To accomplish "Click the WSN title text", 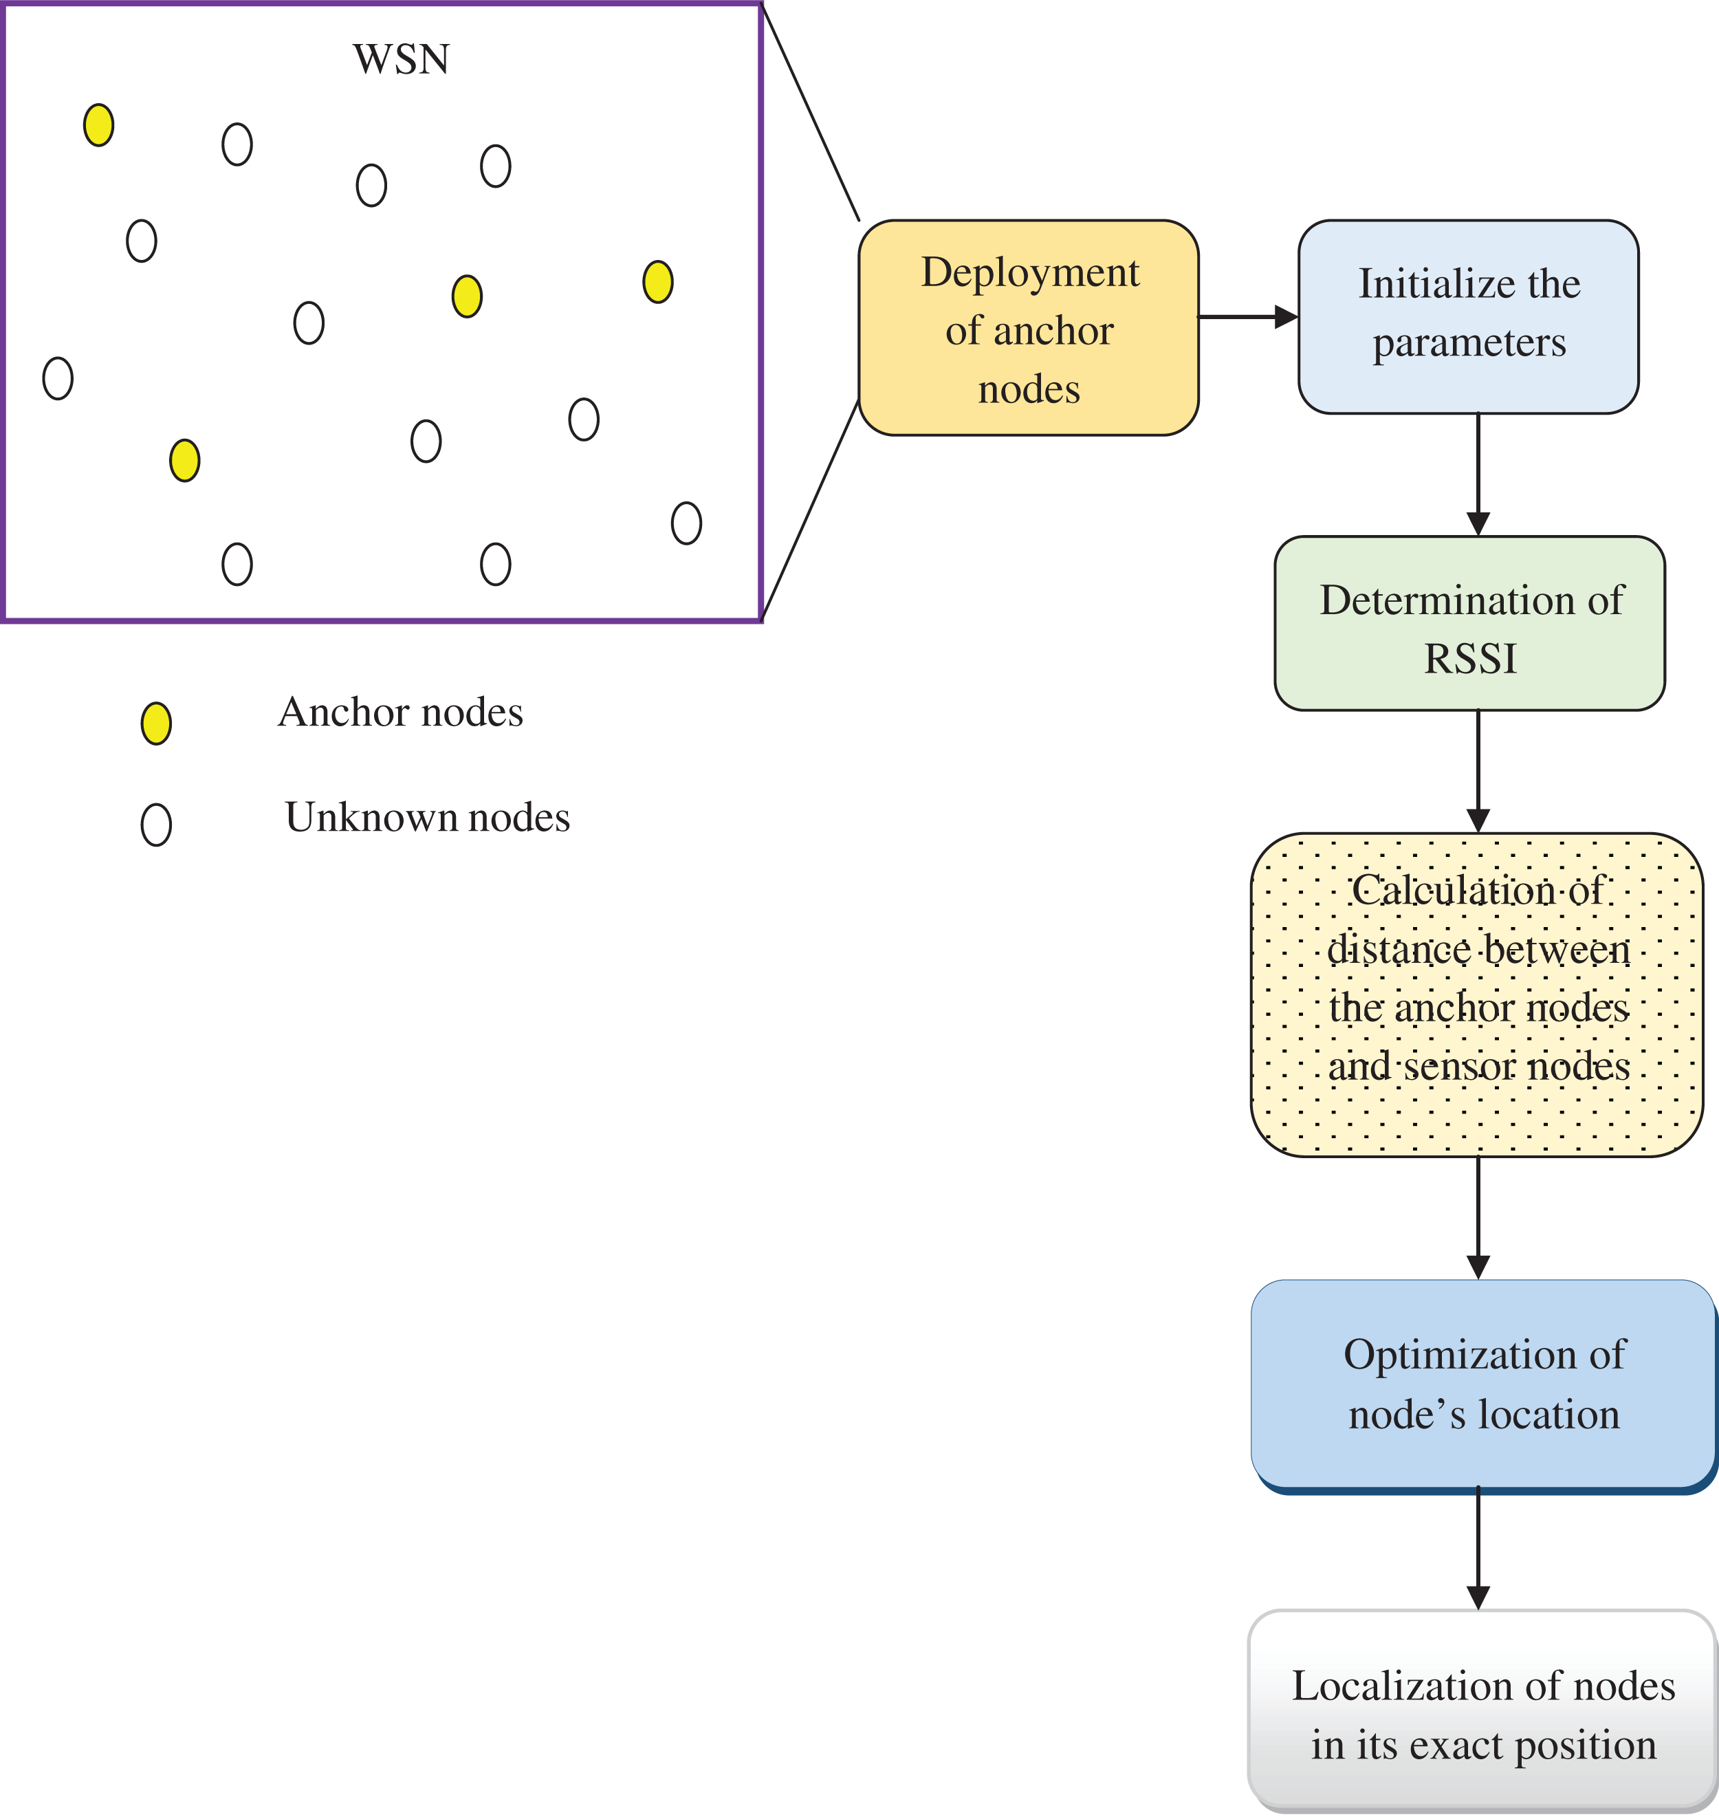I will point(402,60).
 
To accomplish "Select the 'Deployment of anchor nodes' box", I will point(1028,327).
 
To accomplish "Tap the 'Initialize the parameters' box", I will point(1468,316).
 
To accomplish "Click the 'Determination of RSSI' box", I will point(1469,623).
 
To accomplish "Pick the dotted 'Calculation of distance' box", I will point(1476,994).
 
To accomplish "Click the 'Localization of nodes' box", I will point(1482,1712).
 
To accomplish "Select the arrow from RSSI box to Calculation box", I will point(1478,770).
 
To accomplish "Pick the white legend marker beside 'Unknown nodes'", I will point(156,825).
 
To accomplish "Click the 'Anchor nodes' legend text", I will point(400,712).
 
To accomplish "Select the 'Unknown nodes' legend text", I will point(427,817).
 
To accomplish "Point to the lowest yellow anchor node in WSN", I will point(184,460).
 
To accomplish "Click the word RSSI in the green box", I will point(1470,659).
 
